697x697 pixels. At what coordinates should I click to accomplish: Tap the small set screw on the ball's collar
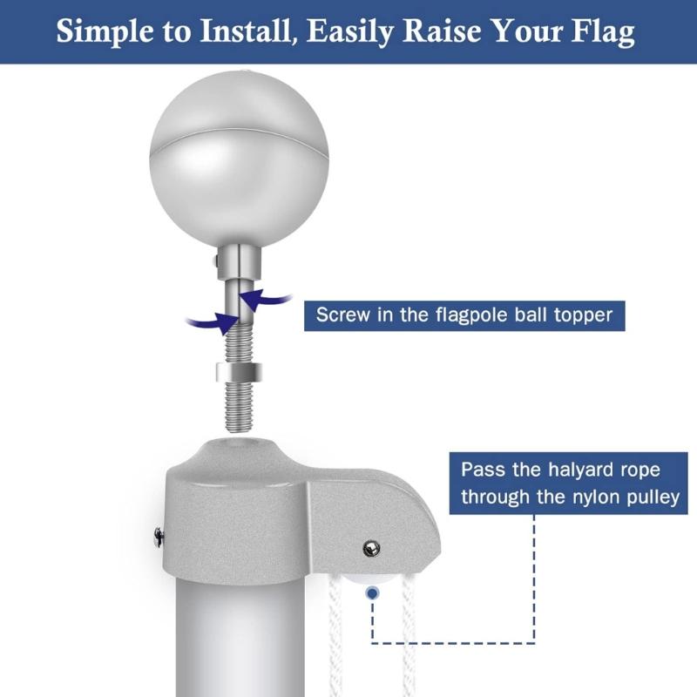tap(213, 261)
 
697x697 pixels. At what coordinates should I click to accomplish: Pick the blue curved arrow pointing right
tap(208, 321)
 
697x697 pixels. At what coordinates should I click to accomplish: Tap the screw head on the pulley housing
tap(371, 547)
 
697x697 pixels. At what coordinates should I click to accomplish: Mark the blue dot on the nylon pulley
tap(373, 592)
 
